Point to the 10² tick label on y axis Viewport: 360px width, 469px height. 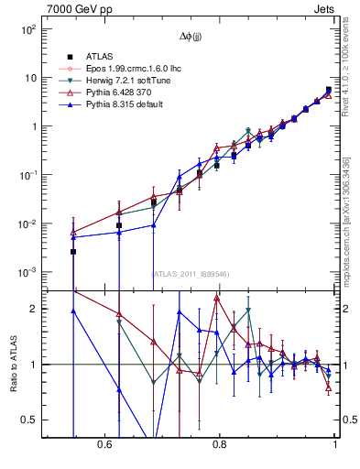point(28,29)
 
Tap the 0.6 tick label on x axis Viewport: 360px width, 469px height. point(104,444)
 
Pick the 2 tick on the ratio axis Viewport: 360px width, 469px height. point(33,309)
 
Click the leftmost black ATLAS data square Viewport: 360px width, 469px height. point(73,251)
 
